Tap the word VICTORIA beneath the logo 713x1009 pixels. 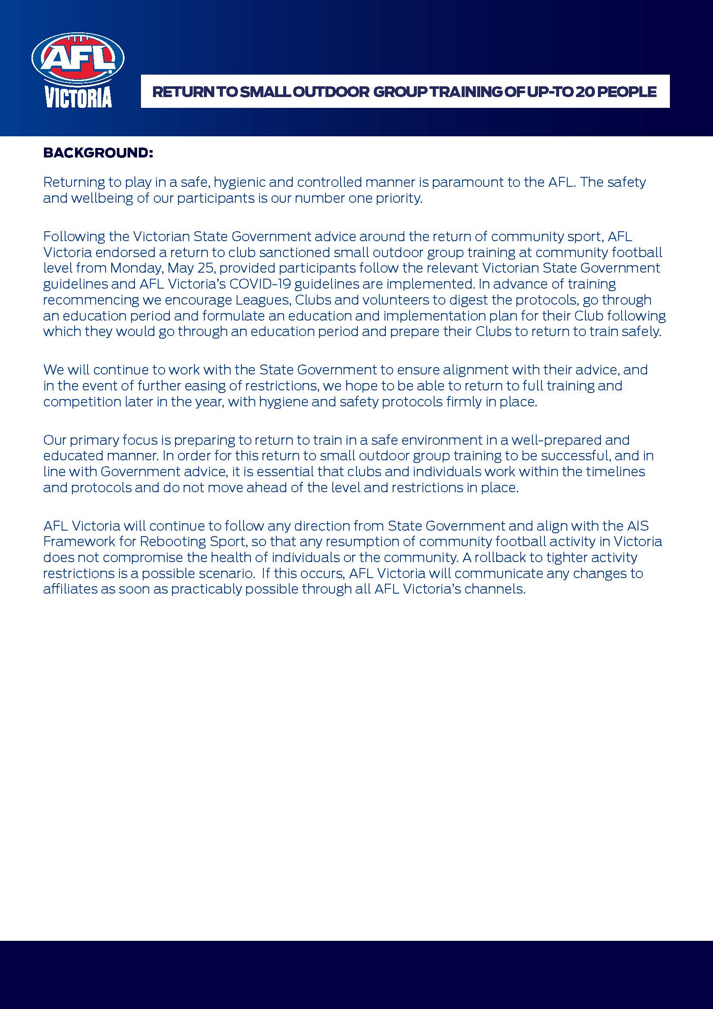78,98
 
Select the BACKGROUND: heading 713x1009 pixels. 98,153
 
